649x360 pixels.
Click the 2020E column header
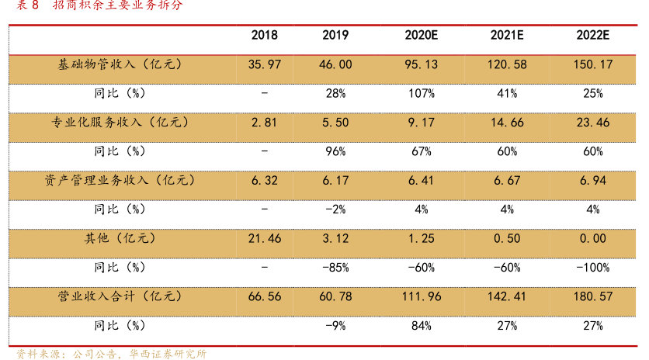click(x=422, y=36)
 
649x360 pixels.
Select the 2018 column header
click(x=264, y=36)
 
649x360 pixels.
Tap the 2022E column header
click(x=592, y=36)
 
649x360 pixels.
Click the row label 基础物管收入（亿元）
click(x=120, y=64)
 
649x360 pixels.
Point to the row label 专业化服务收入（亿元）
click(x=120, y=123)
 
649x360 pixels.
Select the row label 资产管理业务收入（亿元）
click(x=120, y=181)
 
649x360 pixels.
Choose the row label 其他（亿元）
click(x=120, y=239)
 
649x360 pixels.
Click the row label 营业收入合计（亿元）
click(x=120, y=296)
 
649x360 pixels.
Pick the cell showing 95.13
click(x=422, y=64)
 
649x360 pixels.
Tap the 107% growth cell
click(x=422, y=94)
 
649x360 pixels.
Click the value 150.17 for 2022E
click(x=592, y=64)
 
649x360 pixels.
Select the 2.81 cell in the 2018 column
click(x=264, y=123)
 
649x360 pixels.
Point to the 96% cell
click(x=335, y=152)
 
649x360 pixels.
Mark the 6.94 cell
click(x=592, y=181)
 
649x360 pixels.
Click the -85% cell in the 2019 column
click(x=335, y=268)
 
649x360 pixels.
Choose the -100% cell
click(x=592, y=268)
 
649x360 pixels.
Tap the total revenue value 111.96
click(x=422, y=296)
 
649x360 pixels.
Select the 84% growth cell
click(x=422, y=326)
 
